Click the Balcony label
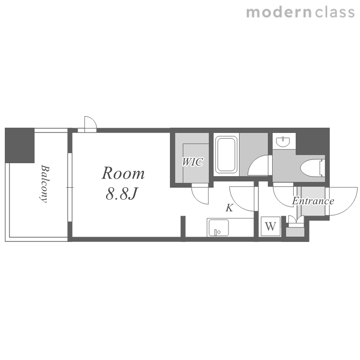44,184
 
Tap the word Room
123,173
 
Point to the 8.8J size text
121,193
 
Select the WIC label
192,162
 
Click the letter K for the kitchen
229,208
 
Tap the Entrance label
313,201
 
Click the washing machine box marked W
271,227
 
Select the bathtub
226,154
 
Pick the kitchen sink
218,228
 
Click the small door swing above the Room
90,123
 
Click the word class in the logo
335,12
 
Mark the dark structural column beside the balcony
20,145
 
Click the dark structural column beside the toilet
312,142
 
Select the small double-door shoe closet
296,221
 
